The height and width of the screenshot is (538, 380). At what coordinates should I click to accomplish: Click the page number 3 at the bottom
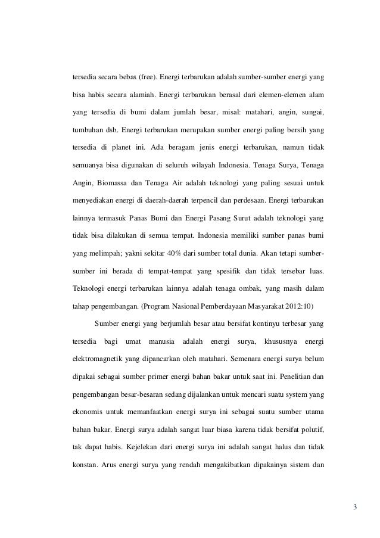(355, 508)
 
